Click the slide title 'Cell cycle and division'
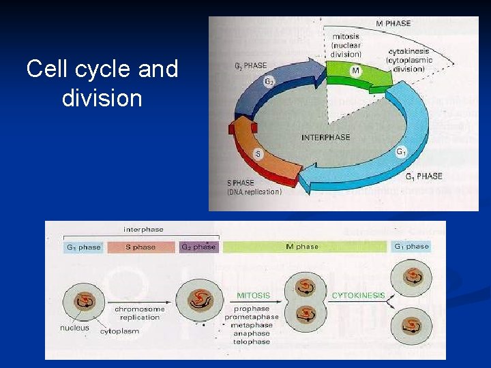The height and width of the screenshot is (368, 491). click(x=102, y=83)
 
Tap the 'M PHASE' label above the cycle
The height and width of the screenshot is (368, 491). click(x=393, y=23)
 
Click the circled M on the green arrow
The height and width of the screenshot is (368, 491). click(x=355, y=70)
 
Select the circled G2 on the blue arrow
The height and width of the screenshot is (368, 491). click(x=269, y=81)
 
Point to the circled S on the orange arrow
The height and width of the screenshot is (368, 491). click(x=258, y=154)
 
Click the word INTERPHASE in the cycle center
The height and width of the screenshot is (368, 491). click(x=325, y=137)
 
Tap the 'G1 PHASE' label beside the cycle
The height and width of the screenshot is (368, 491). click(x=423, y=177)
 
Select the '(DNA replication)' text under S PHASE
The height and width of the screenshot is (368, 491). click(x=254, y=192)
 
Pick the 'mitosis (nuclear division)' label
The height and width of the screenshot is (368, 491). click(x=347, y=45)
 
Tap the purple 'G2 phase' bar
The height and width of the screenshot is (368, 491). click(x=198, y=247)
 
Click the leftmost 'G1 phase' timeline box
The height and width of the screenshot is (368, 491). click(x=83, y=247)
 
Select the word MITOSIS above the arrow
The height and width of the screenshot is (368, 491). click(x=253, y=296)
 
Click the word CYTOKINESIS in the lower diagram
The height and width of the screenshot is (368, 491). click(x=358, y=296)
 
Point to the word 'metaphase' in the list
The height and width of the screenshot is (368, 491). click(x=252, y=325)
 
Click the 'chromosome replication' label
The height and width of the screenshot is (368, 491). click(x=140, y=313)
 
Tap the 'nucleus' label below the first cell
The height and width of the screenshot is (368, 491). click(x=74, y=328)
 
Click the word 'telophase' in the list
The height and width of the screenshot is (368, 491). click(x=252, y=341)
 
